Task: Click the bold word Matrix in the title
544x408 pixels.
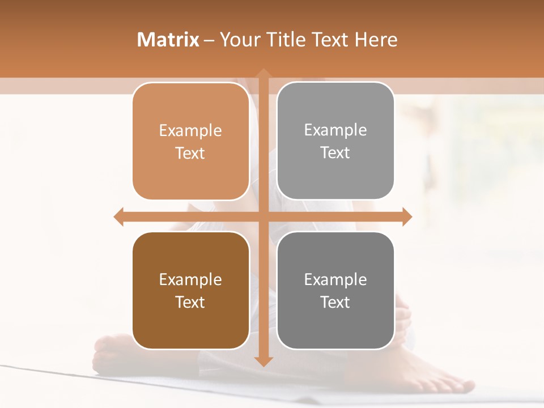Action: [x=168, y=40]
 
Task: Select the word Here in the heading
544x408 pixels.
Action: [x=376, y=40]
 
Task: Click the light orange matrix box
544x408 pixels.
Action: [x=190, y=141]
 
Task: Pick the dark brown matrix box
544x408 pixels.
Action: [x=190, y=290]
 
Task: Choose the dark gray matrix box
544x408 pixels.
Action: [x=335, y=290]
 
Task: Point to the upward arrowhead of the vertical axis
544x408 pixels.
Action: [x=263, y=74]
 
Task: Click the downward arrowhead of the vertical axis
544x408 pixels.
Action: [x=263, y=361]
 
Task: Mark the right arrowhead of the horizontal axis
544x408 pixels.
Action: [x=407, y=216]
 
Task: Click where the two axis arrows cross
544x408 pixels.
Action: [x=263, y=216]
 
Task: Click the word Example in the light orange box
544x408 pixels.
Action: [x=190, y=130]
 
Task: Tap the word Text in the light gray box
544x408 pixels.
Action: [x=335, y=152]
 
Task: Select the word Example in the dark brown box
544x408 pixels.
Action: [x=190, y=279]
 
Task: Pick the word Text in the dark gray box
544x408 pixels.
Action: [x=335, y=302]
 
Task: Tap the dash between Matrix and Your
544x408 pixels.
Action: [x=210, y=40]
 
